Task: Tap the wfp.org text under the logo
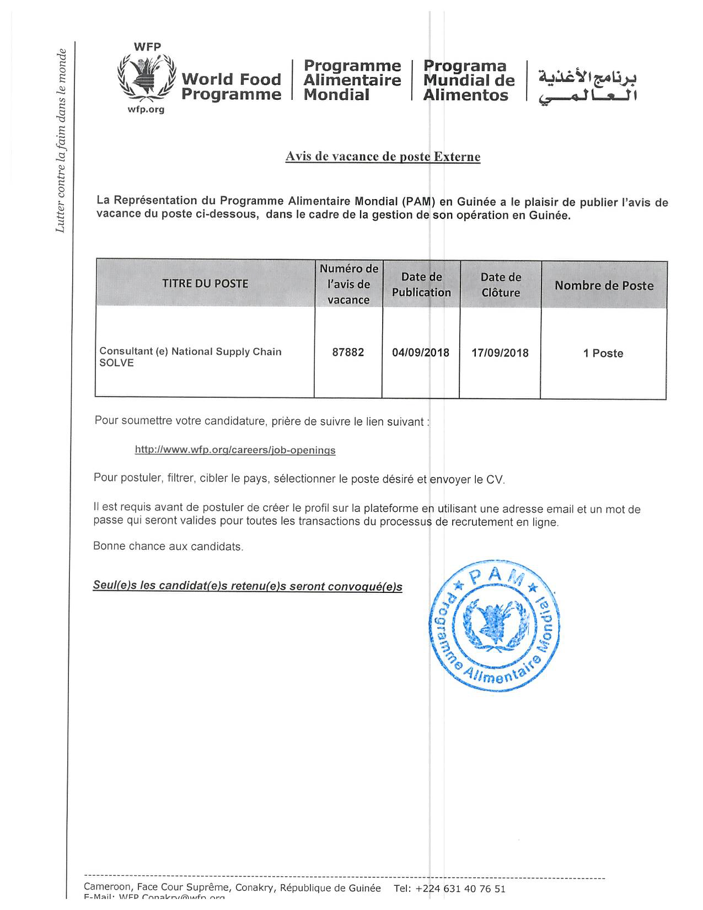click(x=146, y=109)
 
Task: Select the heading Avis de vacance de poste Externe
click(x=383, y=157)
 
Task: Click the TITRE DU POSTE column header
click(x=205, y=283)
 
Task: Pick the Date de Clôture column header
click(x=501, y=285)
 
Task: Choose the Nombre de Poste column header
click(x=604, y=286)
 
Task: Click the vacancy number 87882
click(x=348, y=352)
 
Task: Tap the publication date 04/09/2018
click(x=421, y=353)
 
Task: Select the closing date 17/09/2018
click(x=500, y=353)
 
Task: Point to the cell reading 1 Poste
click(x=603, y=354)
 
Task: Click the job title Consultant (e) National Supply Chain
click(x=190, y=352)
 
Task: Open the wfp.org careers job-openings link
click(x=235, y=450)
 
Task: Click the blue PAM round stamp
click(x=494, y=627)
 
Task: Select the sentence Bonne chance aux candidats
click(x=168, y=547)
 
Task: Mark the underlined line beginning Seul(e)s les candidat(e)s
click(x=248, y=586)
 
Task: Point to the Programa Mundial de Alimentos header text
click(x=469, y=81)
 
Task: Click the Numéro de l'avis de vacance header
click(x=348, y=284)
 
